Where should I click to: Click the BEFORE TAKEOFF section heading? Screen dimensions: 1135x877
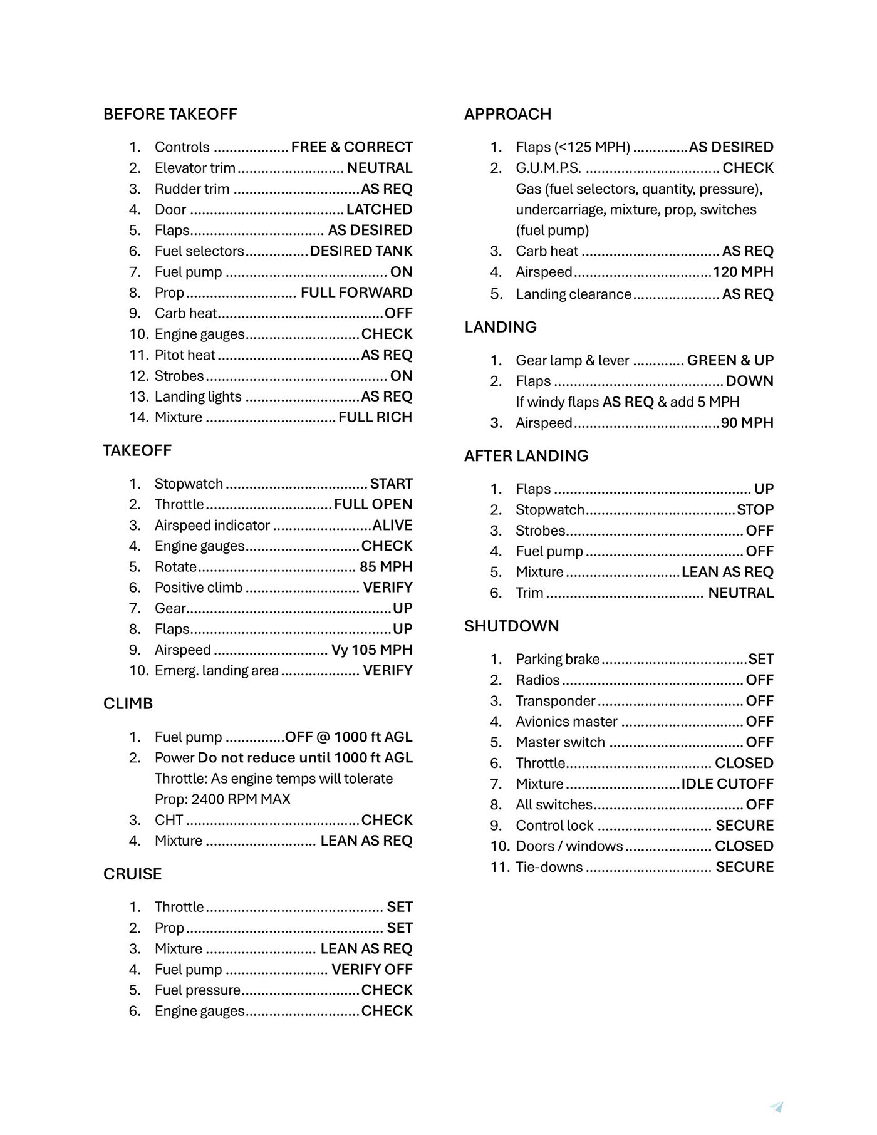(170, 114)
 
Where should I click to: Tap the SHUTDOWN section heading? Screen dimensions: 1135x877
(511, 626)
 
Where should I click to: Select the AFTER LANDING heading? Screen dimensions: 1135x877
(526, 455)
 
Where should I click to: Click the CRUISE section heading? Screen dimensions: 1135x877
(132, 874)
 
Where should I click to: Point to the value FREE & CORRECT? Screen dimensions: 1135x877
(351, 147)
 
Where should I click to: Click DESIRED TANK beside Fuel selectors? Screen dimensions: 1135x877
(361, 251)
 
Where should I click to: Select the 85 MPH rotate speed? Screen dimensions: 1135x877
(385, 567)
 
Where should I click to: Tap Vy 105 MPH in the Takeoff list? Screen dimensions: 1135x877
(371, 650)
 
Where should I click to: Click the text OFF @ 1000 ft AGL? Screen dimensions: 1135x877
(348, 737)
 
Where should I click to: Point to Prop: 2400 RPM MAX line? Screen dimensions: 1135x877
(222, 799)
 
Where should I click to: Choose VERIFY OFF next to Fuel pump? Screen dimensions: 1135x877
(371, 970)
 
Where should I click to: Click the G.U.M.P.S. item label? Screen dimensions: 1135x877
(548, 168)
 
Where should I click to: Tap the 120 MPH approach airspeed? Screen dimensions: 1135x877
(743, 272)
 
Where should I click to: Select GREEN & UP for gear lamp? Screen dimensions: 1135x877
(730, 360)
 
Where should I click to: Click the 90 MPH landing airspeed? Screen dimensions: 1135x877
(747, 423)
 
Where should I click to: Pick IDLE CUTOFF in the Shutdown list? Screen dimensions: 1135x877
(727, 784)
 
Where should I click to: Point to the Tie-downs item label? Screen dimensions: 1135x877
(549, 867)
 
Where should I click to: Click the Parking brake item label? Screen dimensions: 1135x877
(558, 659)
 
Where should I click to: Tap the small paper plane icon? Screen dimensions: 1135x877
(777, 1107)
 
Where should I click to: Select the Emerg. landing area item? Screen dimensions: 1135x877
(216, 671)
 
